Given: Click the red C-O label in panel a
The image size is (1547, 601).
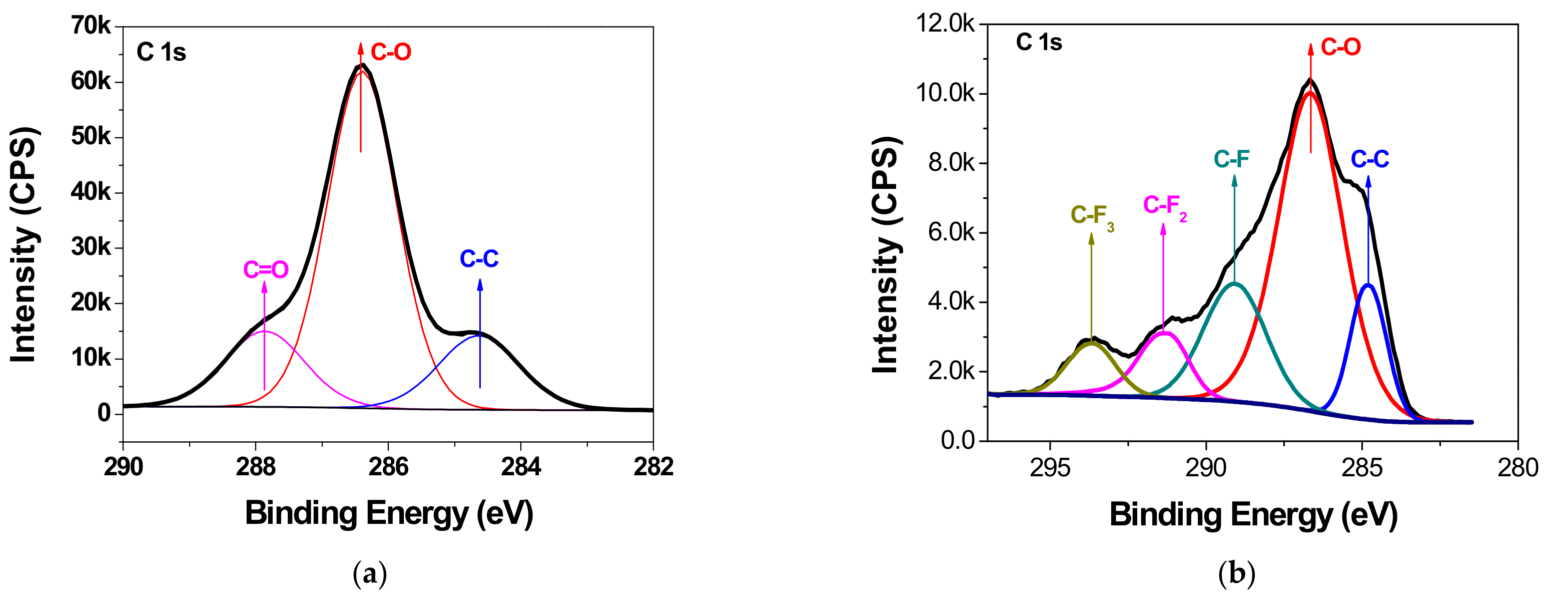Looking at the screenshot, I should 391,52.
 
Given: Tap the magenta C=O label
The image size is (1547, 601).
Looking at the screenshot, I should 266,270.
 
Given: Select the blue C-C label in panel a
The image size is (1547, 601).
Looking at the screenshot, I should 479,259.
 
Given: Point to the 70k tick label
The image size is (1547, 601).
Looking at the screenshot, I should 91,26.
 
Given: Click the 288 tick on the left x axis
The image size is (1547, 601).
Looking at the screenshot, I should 256,466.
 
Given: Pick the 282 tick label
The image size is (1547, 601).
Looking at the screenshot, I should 653,466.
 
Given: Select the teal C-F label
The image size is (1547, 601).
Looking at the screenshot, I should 1231,159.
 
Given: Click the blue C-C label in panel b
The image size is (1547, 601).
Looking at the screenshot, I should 1370,159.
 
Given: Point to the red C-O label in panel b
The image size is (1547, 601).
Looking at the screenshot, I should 1340,47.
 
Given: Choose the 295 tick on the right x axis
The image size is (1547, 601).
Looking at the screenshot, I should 1050,468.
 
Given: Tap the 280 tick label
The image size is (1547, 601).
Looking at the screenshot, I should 1517,468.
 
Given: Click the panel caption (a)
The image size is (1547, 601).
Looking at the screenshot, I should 369,574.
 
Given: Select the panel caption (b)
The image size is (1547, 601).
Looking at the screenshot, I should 1236,574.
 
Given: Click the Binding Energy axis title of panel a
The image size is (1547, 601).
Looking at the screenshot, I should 389,514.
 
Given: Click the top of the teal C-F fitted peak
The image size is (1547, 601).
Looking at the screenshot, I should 1234,283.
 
